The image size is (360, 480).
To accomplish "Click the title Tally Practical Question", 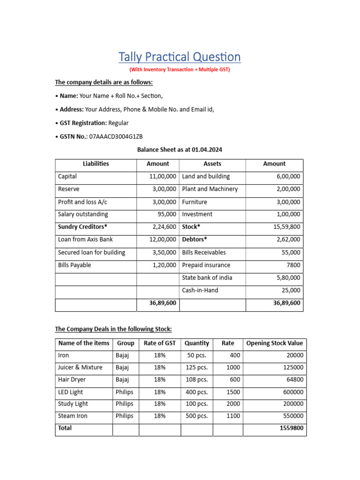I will point(180,57).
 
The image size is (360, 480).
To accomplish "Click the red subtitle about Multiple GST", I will point(180,69).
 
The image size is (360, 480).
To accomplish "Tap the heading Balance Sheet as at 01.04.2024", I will point(180,150).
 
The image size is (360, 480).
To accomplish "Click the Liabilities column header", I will point(96,164).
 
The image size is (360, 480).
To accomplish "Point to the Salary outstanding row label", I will point(83,214).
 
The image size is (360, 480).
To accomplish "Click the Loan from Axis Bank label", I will point(85,240).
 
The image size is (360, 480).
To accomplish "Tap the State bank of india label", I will point(207,277).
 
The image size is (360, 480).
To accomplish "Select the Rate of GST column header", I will point(159,343).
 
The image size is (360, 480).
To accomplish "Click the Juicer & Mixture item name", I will point(80,367).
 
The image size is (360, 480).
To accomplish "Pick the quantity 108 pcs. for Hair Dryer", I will point(197,379).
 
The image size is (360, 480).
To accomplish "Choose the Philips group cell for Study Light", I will point(124,404).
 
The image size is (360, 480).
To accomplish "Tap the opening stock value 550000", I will point(292,416).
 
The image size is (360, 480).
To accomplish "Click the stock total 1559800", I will point(291,428).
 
